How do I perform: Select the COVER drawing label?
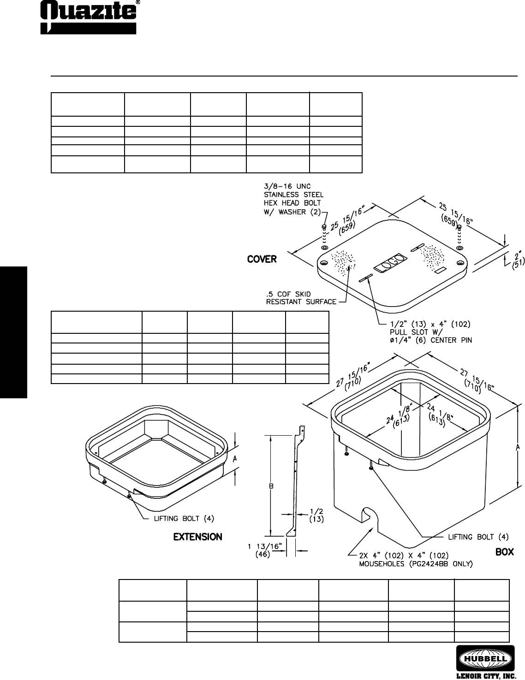(262, 259)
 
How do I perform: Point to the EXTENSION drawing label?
(197, 537)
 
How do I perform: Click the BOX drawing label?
(504, 552)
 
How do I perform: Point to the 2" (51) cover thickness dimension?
(516, 259)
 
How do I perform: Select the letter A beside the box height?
(518, 447)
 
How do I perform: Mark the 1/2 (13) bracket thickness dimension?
(316, 515)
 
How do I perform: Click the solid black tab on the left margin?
(14, 332)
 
